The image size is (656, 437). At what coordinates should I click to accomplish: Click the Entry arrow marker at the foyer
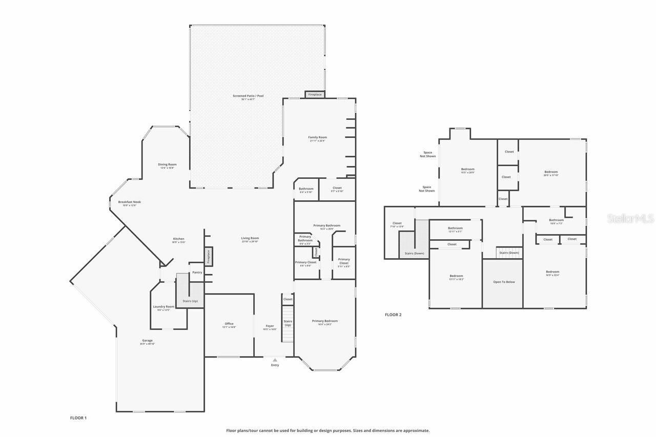point(275,360)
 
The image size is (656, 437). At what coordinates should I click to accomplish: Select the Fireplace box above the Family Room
point(315,94)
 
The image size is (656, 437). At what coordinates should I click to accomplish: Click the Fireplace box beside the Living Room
point(209,256)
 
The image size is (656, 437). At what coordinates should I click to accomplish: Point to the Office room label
point(229,324)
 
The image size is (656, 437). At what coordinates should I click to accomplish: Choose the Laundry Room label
point(163,307)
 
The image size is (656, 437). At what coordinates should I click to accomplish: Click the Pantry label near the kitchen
point(197,273)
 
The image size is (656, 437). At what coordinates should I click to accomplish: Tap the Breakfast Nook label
point(129,202)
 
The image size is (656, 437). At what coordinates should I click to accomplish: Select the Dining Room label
point(167,165)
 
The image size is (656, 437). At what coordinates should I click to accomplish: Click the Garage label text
point(148,341)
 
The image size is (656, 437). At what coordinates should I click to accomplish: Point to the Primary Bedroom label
point(325,321)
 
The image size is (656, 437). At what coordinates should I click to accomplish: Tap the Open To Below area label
point(504,282)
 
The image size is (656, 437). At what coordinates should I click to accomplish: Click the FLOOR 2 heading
point(393,315)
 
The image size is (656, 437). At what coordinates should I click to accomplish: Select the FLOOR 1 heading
point(78,418)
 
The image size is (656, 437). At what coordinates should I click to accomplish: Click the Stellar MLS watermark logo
point(630,219)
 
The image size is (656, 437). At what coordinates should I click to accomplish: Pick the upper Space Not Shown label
point(427,154)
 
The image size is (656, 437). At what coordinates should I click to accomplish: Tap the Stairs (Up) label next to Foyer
point(288,323)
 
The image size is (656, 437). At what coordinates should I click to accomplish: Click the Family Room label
point(317,137)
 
